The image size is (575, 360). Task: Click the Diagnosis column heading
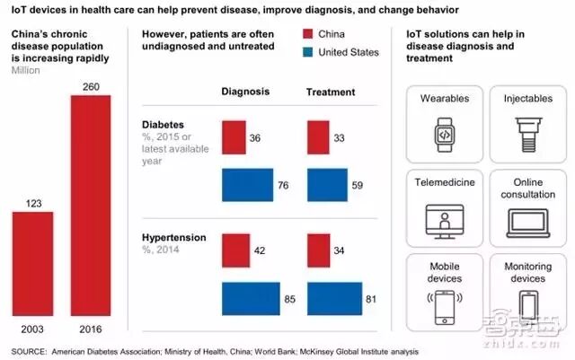tap(246, 92)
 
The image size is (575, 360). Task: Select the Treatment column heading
tap(331, 92)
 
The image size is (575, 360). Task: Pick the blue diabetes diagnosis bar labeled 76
tap(247, 185)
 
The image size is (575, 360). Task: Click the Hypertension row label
tap(174, 238)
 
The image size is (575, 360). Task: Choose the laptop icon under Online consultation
tap(522, 219)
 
